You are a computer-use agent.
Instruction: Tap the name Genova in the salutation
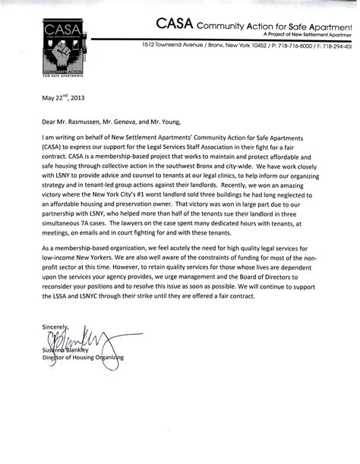149,119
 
